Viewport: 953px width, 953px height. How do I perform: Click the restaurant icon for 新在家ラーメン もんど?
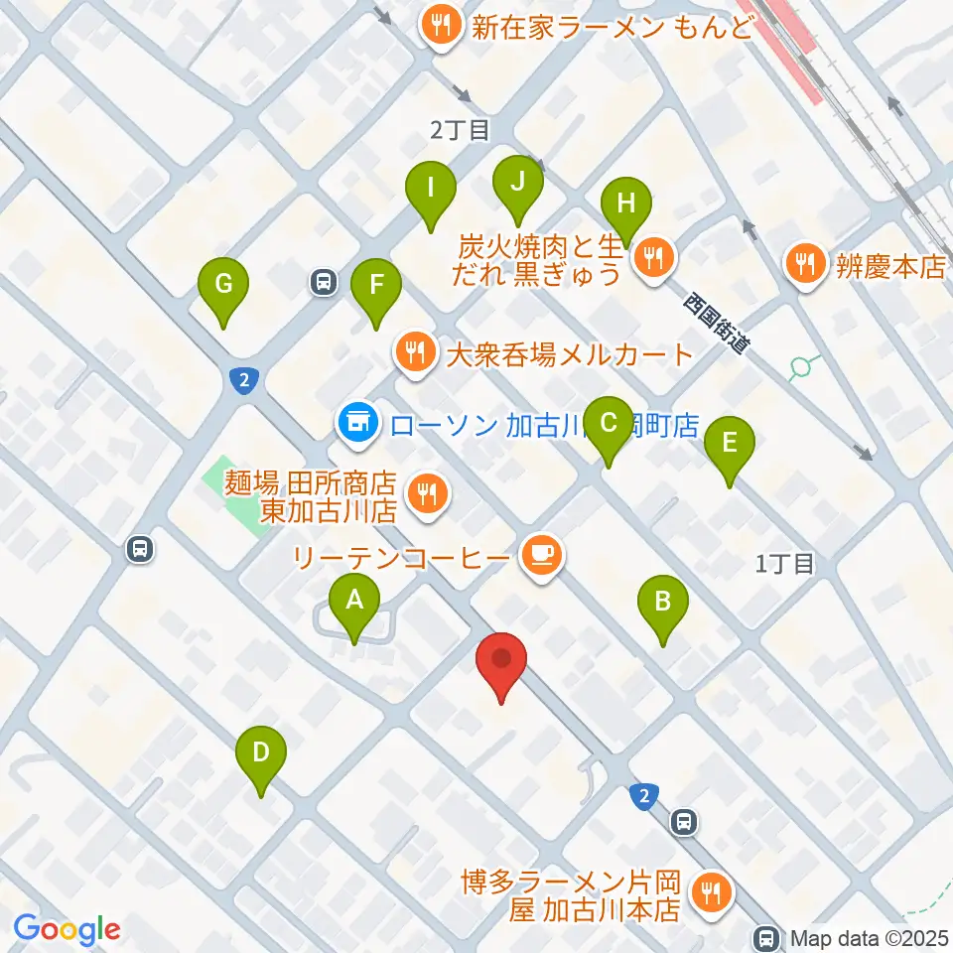pos(438,26)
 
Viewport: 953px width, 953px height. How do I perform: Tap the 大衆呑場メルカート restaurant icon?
pos(413,352)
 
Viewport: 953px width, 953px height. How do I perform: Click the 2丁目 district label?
pos(460,129)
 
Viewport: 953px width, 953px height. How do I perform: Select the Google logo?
pos(67,928)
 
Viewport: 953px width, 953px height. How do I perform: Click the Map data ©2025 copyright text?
pos(870,936)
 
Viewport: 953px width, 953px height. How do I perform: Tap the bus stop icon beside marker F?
pos(323,282)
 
